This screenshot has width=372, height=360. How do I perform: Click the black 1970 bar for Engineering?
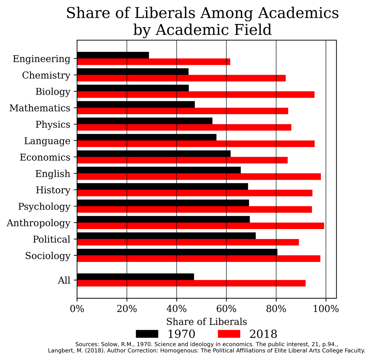click(x=113, y=55)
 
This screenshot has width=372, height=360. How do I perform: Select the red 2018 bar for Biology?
click(x=196, y=95)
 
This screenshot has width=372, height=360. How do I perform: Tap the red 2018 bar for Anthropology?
click(x=200, y=226)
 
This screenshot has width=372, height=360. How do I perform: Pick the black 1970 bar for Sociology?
click(x=177, y=252)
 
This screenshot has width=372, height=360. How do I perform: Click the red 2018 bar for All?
click(x=191, y=283)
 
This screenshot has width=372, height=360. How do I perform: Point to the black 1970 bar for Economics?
click(x=153, y=154)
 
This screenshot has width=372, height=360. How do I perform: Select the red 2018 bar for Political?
click(x=188, y=242)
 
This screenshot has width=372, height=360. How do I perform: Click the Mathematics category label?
click(x=40, y=108)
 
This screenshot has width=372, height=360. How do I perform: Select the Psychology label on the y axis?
click(x=44, y=206)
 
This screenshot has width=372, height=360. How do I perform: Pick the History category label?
click(x=53, y=190)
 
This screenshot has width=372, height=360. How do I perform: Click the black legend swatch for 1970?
click(x=147, y=334)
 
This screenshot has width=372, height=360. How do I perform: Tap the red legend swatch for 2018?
click(x=229, y=334)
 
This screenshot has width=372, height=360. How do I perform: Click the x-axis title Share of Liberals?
click(x=206, y=321)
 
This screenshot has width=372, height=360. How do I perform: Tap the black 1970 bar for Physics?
click(x=144, y=121)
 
